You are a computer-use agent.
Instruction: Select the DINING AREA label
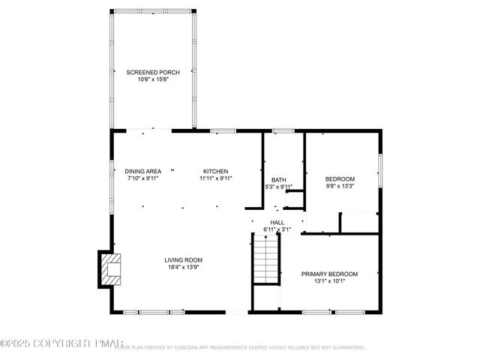point(142,171)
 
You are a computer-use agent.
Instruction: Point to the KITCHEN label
point(216,171)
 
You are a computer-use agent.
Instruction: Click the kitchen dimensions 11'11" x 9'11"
point(216,178)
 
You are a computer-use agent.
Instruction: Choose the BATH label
point(279,179)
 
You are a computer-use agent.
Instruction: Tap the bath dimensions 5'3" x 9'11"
point(279,187)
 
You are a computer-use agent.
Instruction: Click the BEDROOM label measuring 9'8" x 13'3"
point(340,178)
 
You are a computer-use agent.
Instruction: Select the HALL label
point(277,222)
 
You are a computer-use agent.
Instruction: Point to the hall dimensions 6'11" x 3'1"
point(277,229)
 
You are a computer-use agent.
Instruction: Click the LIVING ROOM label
point(184,259)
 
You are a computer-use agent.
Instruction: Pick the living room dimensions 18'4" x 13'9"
point(184,267)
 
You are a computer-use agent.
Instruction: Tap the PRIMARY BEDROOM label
point(329,274)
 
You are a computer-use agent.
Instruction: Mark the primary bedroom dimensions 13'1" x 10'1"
point(329,281)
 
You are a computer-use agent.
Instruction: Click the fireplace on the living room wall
point(109,269)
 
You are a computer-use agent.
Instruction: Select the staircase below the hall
point(266,259)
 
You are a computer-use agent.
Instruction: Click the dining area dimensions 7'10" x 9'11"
point(142,178)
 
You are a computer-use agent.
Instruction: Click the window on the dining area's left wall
point(112,176)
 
